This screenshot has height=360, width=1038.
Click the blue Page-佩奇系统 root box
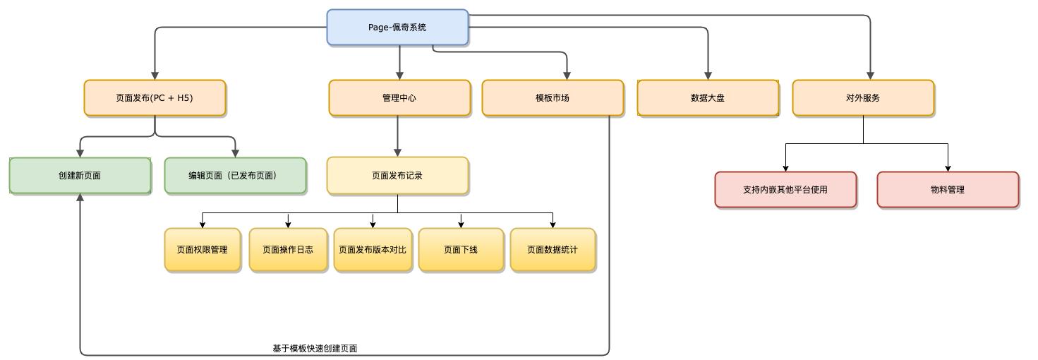[397, 28]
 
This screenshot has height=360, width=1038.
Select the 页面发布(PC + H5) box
[155, 98]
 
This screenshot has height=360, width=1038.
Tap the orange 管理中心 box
[399, 98]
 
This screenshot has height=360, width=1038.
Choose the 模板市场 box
[553, 98]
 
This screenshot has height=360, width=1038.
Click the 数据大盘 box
[708, 98]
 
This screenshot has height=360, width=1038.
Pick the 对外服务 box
[863, 98]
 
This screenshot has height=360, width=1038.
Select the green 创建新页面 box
[80, 176]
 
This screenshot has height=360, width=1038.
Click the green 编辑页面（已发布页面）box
[235, 176]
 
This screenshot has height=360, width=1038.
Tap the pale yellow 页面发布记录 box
[397, 176]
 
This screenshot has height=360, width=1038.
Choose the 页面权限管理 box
[203, 249]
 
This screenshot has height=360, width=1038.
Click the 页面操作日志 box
[288, 249]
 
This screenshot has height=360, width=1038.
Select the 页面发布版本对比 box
[373, 249]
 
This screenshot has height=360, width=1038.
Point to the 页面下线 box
[461, 249]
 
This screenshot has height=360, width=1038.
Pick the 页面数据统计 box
[553, 249]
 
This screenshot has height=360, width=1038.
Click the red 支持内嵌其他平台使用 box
[785, 190]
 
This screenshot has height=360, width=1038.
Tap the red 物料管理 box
[948, 190]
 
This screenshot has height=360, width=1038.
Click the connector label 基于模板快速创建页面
[315, 349]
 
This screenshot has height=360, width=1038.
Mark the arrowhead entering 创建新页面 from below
[80, 198]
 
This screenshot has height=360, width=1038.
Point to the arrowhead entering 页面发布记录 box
[397, 152]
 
